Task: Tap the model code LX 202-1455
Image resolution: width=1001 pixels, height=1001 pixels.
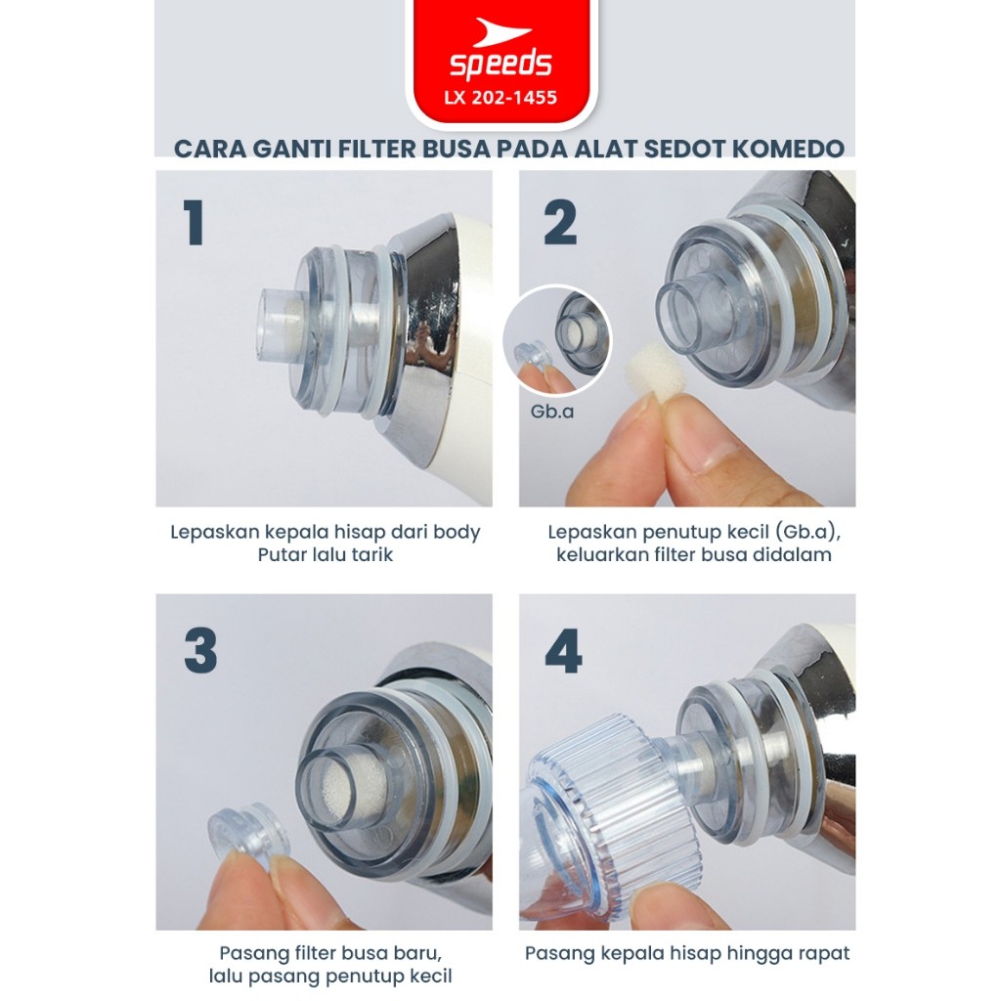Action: coord(501,98)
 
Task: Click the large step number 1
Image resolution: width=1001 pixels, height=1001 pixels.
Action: coord(194,222)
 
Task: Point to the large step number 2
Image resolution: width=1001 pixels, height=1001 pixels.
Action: coord(560,222)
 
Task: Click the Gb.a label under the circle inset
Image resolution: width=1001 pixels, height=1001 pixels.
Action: coord(552,412)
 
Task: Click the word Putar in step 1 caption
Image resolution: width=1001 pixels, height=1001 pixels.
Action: coord(279,554)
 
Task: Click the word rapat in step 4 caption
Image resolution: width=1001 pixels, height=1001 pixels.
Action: coord(824,954)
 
